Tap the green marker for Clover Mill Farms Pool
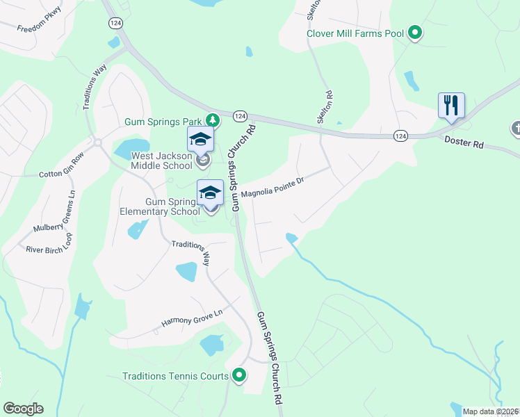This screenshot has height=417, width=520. pyautogui.click(x=415, y=33)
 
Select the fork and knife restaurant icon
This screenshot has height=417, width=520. pyautogui.click(x=451, y=106)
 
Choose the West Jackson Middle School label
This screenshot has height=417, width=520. pyautogui.click(x=161, y=161)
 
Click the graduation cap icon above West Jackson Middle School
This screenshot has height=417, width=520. pyautogui.click(x=200, y=139)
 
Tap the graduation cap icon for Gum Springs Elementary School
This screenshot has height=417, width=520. pyautogui.click(x=210, y=193)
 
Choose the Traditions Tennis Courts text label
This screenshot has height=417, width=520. pyautogui.click(x=175, y=376)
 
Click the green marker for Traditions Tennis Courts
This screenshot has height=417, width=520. pyautogui.click(x=239, y=376)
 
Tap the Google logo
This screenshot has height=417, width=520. pyautogui.click(x=23, y=409)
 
